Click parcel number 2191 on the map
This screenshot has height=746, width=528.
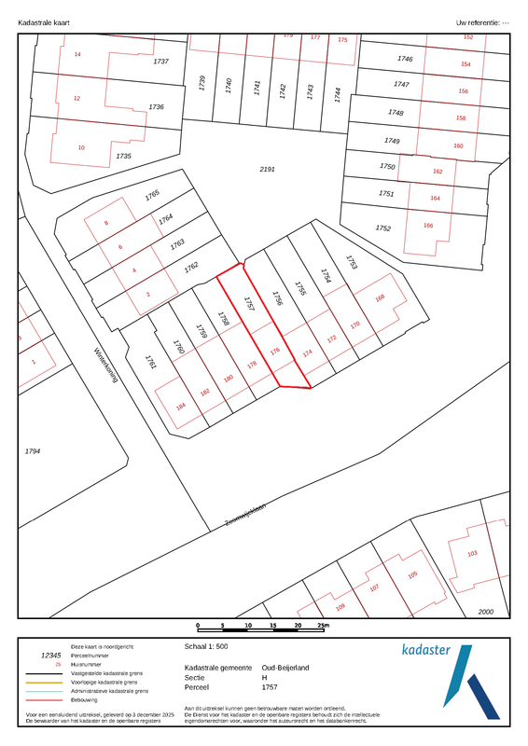point(268,170)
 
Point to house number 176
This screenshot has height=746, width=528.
point(274,352)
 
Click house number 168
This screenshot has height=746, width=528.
point(380,298)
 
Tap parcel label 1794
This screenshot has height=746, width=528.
point(33,451)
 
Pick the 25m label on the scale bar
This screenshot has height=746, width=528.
point(323,625)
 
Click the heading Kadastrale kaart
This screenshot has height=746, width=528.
point(44,21)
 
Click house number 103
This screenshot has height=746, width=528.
point(472,554)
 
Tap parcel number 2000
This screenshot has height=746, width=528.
point(486,611)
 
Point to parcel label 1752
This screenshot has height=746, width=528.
point(382,228)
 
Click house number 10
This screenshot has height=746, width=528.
point(81,147)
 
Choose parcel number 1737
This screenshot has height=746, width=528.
point(160,62)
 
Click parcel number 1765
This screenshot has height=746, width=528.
point(153,196)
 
